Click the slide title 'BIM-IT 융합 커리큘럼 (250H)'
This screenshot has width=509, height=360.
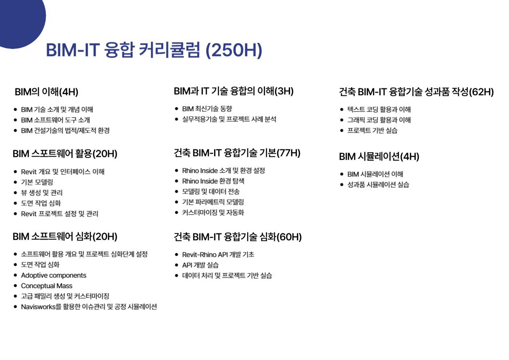pyautogui.click(x=154, y=50)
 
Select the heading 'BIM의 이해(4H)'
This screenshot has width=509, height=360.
pyautogui.click(x=46, y=92)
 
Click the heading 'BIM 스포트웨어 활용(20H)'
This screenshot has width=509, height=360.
pyautogui.click(x=65, y=154)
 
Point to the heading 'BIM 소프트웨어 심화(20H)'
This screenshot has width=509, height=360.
pyautogui.click(x=65, y=237)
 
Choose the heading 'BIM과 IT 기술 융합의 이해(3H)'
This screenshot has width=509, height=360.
pyautogui.click(x=234, y=91)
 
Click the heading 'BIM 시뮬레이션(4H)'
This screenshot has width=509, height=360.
pyautogui.click(x=379, y=157)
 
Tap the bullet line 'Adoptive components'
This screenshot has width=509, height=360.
pyautogui.click(x=54, y=275)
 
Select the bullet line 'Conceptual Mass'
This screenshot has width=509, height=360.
pyautogui.click(x=47, y=286)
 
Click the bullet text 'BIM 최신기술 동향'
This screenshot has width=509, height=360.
pyautogui.click(x=207, y=109)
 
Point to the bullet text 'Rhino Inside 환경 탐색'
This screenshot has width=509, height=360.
pyautogui.click(x=213, y=181)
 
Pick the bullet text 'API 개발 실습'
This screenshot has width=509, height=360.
pyautogui.click(x=200, y=265)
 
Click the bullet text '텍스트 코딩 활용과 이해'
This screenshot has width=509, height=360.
pyautogui.click(x=379, y=109)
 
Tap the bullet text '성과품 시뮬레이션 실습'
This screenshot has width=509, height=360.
pyautogui.click(x=378, y=185)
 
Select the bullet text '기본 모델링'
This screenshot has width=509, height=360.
pyautogui.click(x=37, y=182)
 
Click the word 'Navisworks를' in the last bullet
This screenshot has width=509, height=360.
pyautogui.click(x=41, y=307)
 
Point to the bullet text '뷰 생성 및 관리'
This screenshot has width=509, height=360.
pyautogui.click(x=42, y=193)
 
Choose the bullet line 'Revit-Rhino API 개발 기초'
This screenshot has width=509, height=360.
pyautogui.click(x=218, y=255)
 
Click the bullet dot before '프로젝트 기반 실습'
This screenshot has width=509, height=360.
pyautogui.click(x=341, y=131)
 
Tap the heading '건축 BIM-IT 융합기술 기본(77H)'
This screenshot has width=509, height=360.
pyautogui.click(x=237, y=153)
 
